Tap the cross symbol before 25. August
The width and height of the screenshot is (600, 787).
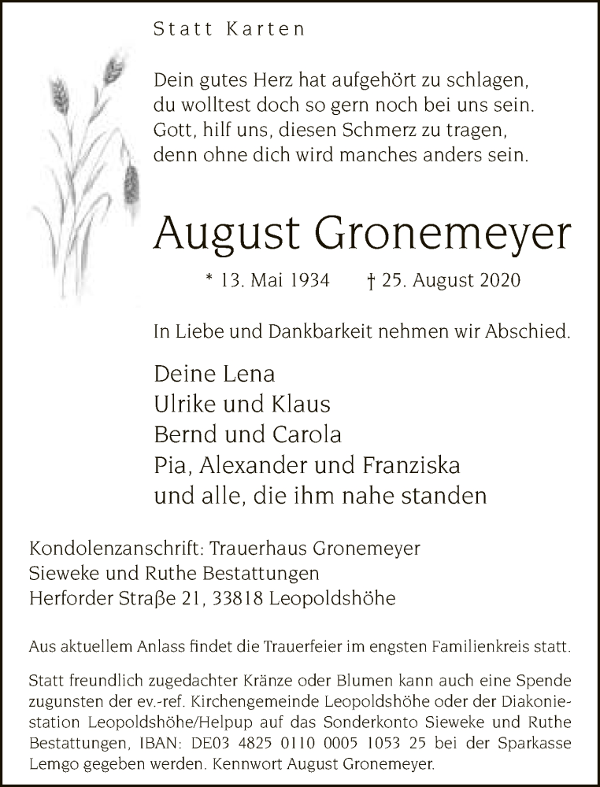(x=370, y=280)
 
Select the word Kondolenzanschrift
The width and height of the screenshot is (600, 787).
(x=110, y=548)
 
